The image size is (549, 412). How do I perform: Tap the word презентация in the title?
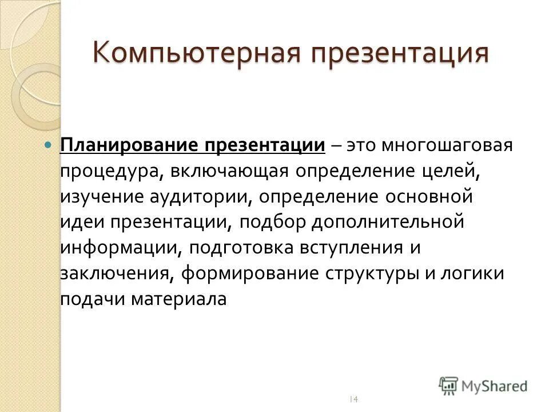coord(400,54)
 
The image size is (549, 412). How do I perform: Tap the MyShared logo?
coord(483,386)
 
